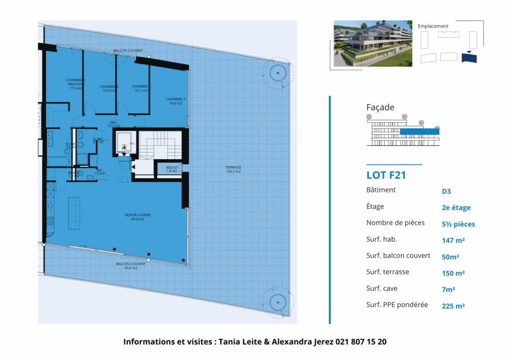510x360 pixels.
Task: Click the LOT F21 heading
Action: click(x=386, y=175)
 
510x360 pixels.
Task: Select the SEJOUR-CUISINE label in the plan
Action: click(x=137, y=217)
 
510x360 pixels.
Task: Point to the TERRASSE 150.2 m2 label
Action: click(x=233, y=169)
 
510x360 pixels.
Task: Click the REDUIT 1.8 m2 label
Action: click(x=172, y=169)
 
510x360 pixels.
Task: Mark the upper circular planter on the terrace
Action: click(x=277, y=73)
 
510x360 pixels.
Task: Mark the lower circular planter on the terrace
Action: click(x=277, y=302)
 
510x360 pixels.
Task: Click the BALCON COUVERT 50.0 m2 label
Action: click(x=126, y=266)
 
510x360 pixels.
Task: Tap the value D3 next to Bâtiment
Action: click(x=446, y=192)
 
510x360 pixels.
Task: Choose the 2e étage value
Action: click(x=456, y=208)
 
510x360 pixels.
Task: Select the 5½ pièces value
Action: click(x=458, y=224)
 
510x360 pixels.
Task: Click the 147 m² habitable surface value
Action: click(x=453, y=240)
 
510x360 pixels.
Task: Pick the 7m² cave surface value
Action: click(x=448, y=289)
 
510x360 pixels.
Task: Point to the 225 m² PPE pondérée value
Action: click(x=453, y=306)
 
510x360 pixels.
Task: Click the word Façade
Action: click(x=380, y=108)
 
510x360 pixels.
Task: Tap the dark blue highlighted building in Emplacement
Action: click(x=469, y=58)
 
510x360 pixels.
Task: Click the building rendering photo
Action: click(x=372, y=43)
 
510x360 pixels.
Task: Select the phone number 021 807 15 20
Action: click(x=361, y=342)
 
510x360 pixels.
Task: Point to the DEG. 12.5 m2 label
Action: click(x=114, y=124)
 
